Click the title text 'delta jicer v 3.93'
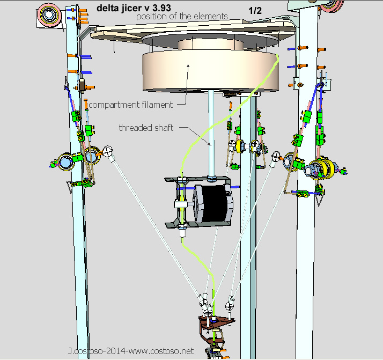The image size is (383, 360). click(x=134, y=8)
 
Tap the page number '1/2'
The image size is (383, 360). click(x=255, y=11)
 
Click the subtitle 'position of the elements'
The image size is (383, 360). click(x=182, y=17)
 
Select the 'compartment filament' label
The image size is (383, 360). click(x=131, y=105)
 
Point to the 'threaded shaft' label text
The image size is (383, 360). click(x=146, y=128)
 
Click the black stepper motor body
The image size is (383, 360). click(x=214, y=203)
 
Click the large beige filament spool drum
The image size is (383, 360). click(x=211, y=70)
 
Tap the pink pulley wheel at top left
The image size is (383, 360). click(x=49, y=14)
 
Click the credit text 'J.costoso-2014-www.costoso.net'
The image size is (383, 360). click(x=131, y=351)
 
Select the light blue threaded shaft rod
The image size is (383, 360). click(x=211, y=133)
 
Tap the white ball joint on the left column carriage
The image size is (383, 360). click(x=107, y=151)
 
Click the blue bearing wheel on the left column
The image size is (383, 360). click(x=65, y=161)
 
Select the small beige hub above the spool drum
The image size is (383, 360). click(x=211, y=45)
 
